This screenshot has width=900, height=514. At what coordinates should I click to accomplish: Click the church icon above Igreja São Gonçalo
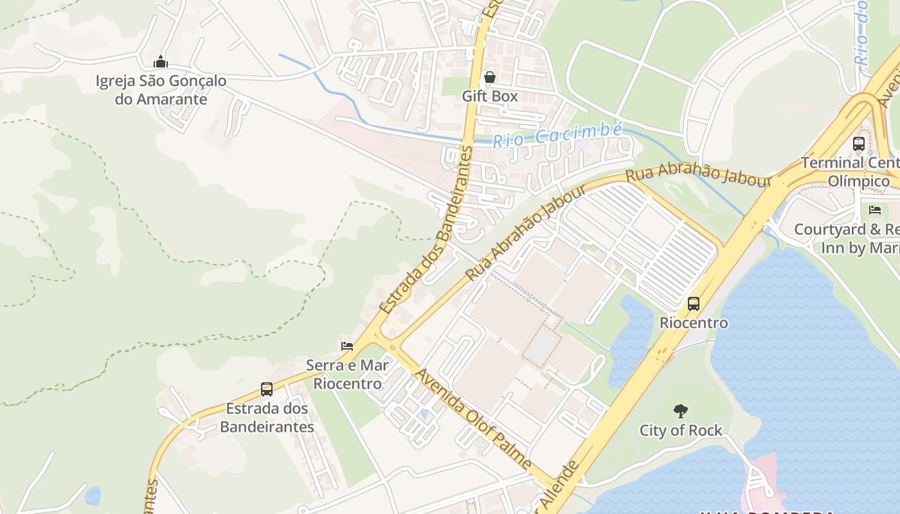click(161, 62)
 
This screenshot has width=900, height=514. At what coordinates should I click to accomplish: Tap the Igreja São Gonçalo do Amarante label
click(161, 91)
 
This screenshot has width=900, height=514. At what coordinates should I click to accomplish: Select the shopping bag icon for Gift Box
click(490, 77)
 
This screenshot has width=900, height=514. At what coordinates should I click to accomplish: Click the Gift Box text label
click(490, 96)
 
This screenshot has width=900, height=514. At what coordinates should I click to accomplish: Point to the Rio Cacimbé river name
click(557, 135)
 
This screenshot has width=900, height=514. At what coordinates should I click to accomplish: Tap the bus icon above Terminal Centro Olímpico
click(859, 144)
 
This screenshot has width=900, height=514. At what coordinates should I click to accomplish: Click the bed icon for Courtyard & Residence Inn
click(874, 209)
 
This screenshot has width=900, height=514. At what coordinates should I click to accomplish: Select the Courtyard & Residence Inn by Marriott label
click(847, 238)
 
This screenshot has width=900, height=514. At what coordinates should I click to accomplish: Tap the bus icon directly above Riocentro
click(694, 304)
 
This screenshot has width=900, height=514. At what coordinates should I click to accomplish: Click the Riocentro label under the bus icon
click(694, 323)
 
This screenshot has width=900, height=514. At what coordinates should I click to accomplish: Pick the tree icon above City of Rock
click(680, 411)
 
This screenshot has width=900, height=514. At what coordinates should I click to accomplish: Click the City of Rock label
click(681, 430)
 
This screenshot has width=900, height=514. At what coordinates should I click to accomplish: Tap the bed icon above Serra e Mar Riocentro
click(347, 346)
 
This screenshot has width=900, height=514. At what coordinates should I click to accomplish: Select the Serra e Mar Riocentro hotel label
click(347, 375)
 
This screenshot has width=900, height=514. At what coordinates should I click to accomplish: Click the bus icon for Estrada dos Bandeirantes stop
click(267, 389)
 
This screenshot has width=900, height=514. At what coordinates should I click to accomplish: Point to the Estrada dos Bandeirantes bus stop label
click(267, 418)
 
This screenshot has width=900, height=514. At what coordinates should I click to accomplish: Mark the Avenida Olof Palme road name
click(473, 418)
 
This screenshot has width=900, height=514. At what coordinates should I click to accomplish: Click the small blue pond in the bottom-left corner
click(93, 495)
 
